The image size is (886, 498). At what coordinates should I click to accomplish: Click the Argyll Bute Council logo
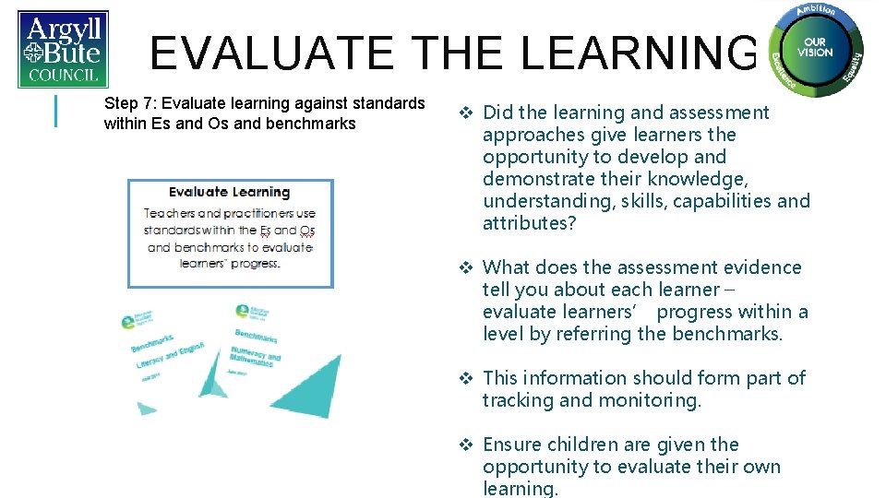click(63, 49)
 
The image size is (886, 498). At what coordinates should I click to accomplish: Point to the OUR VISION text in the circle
click(815, 47)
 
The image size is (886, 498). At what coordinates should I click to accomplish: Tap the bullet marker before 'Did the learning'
click(466, 113)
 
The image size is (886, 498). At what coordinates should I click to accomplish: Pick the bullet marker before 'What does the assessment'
click(466, 268)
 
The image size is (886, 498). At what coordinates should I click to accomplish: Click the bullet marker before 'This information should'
click(466, 378)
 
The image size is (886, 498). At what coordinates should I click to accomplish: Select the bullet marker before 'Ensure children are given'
click(466, 445)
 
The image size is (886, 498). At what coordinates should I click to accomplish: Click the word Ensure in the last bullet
click(512, 445)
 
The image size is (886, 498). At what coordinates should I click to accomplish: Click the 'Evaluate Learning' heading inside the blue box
click(230, 192)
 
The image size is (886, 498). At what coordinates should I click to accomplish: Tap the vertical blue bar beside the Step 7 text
click(58, 111)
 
